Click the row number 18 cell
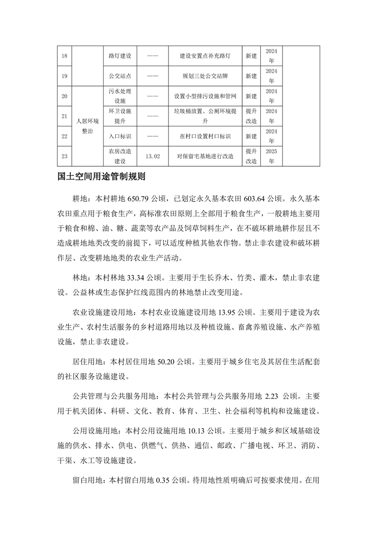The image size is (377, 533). [64, 56]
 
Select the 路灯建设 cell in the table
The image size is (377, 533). [120, 56]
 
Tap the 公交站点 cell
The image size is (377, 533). [120, 76]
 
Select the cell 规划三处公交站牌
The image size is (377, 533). [205, 76]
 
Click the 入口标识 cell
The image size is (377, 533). [120, 136]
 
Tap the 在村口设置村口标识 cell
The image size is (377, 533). [205, 136]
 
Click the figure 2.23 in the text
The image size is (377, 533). [273, 396]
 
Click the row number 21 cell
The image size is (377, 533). [64, 116]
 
